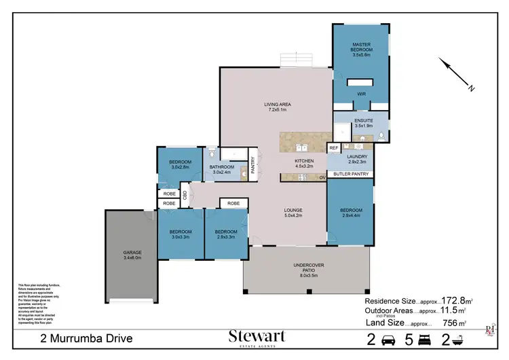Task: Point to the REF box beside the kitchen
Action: click(x=333, y=147)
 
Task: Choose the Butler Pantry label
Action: click(x=351, y=175)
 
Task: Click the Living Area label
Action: click(x=278, y=107)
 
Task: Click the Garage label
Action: click(x=132, y=255)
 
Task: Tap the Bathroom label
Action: click(x=222, y=169)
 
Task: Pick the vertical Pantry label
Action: click(x=252, y=166)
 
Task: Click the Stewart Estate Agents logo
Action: click(x=257, y=338)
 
